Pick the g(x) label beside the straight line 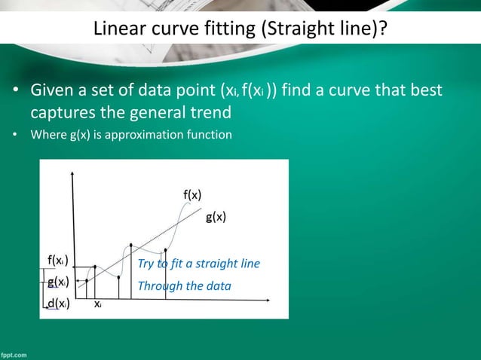pos(216,218)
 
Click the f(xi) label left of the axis pos(57,261)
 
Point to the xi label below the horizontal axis pos(99,305)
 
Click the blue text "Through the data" pos(184,286)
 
